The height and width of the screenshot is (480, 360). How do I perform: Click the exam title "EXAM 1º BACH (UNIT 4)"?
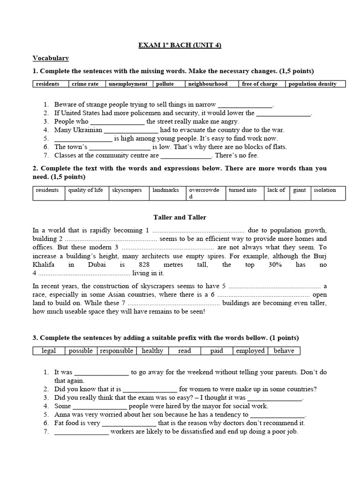[x=180, y=45]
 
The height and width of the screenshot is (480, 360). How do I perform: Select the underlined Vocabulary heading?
[x=51, y=58]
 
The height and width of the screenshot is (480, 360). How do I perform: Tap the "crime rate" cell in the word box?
[x=86, y=84]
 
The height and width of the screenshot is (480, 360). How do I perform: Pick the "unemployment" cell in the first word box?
[x=128, y=84]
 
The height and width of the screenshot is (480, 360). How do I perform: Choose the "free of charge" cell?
[x=260, y=84]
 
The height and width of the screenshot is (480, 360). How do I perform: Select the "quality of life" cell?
[x=85, y=190]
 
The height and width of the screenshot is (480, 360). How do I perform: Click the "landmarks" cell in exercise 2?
[x=166, y=190]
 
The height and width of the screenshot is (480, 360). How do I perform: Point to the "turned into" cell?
[x=243, y=190]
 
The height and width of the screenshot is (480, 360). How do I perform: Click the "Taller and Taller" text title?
[x=180, y=217]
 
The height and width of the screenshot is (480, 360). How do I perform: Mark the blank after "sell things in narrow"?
[x=245, y=105]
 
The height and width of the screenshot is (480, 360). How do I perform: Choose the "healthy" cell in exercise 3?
[x=152, y=351]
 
